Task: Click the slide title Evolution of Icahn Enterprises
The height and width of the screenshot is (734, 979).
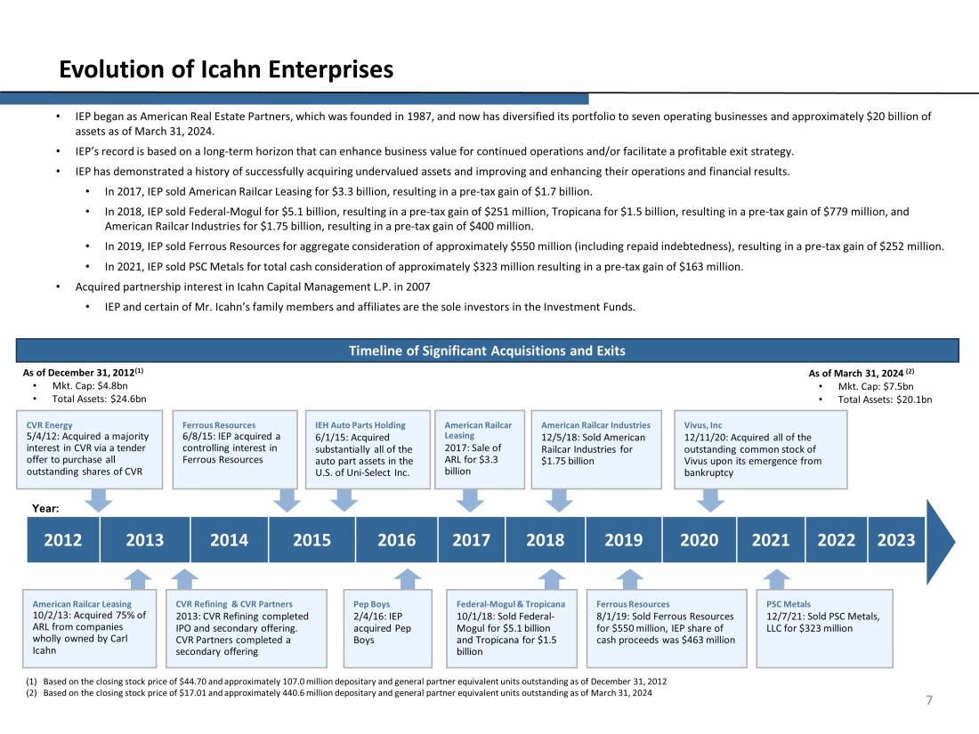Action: [x=226, y=69]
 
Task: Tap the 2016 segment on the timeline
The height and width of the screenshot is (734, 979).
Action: [x=396, y=540]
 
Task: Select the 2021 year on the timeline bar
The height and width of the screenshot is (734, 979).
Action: [x=771, y=540]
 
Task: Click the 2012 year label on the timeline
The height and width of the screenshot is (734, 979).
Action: [x=63, y=540]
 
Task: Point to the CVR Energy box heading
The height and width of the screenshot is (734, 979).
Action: [x=50, y=425]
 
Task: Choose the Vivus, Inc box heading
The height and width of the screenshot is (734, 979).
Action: [x=703, y=425]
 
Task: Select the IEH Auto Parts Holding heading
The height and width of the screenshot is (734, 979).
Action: [x=354, y=425]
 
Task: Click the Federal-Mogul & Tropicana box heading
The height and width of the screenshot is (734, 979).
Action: [x=510, y=604]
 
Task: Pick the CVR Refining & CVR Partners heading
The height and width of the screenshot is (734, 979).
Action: [x=234, y=604]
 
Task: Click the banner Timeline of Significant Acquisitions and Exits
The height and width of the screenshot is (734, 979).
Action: [x=487, y=351]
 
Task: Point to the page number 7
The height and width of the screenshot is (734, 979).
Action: [x=929, y=701]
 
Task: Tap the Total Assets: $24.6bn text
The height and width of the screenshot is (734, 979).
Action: [x=99, y=399]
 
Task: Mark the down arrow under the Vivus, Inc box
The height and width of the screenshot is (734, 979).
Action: [x=708, y=500]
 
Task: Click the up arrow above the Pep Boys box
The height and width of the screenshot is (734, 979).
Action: [x=408, y=579]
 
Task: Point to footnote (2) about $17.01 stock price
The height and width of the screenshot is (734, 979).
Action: [x=346, y=693]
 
